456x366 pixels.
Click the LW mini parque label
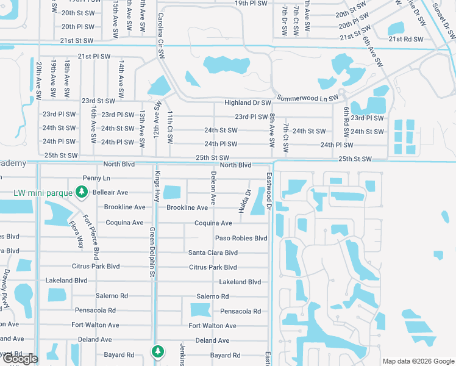coord(43,194)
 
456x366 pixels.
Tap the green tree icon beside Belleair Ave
coord(81,193)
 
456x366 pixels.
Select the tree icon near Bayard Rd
coord(157,351)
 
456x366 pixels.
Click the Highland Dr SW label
coord(247,103)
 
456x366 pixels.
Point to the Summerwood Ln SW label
coord(307,98)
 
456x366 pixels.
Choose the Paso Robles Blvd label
coord(241,238)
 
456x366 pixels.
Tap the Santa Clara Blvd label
coord(213,253)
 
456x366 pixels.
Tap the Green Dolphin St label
coord(151,252)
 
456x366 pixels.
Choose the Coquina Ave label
coord(213,223)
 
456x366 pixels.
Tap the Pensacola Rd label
coord(240,311)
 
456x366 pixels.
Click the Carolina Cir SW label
coord(162,36)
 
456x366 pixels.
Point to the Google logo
coord(20,359)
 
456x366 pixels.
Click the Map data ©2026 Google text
coord(418,361)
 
